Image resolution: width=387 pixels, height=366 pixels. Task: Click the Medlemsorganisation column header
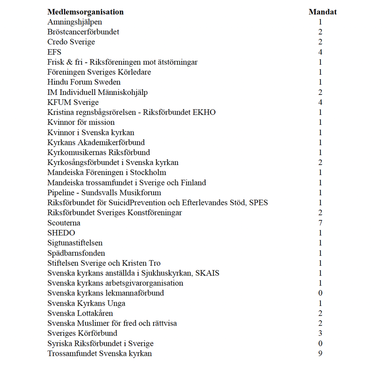(86, 12)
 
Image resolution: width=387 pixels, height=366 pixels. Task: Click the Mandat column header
(322, 12)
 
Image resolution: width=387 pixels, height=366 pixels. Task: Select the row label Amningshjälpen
(75, 22)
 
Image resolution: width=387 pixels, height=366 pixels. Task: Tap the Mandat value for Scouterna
(320, 223)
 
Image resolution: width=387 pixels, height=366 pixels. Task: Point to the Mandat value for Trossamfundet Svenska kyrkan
(320, 353)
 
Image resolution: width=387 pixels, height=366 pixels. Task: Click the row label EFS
(54, 52)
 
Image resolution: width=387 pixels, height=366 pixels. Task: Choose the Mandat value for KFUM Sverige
(320, 102)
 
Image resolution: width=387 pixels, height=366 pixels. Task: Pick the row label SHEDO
(61, 233)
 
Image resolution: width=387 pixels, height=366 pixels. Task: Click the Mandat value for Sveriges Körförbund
(320, 333)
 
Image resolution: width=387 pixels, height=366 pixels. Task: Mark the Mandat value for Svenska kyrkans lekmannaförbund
(320, 293)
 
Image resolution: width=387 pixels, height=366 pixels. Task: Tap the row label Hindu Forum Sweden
(84, 82)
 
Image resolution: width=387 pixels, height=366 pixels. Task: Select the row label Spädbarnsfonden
(76, 253)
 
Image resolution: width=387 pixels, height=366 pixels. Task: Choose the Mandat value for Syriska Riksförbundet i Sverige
(320, 343)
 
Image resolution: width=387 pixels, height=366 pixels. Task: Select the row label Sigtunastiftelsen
(75, 243)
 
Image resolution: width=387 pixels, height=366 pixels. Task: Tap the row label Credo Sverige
(71, 42)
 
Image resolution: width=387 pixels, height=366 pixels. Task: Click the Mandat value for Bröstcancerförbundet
(320, 32)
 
